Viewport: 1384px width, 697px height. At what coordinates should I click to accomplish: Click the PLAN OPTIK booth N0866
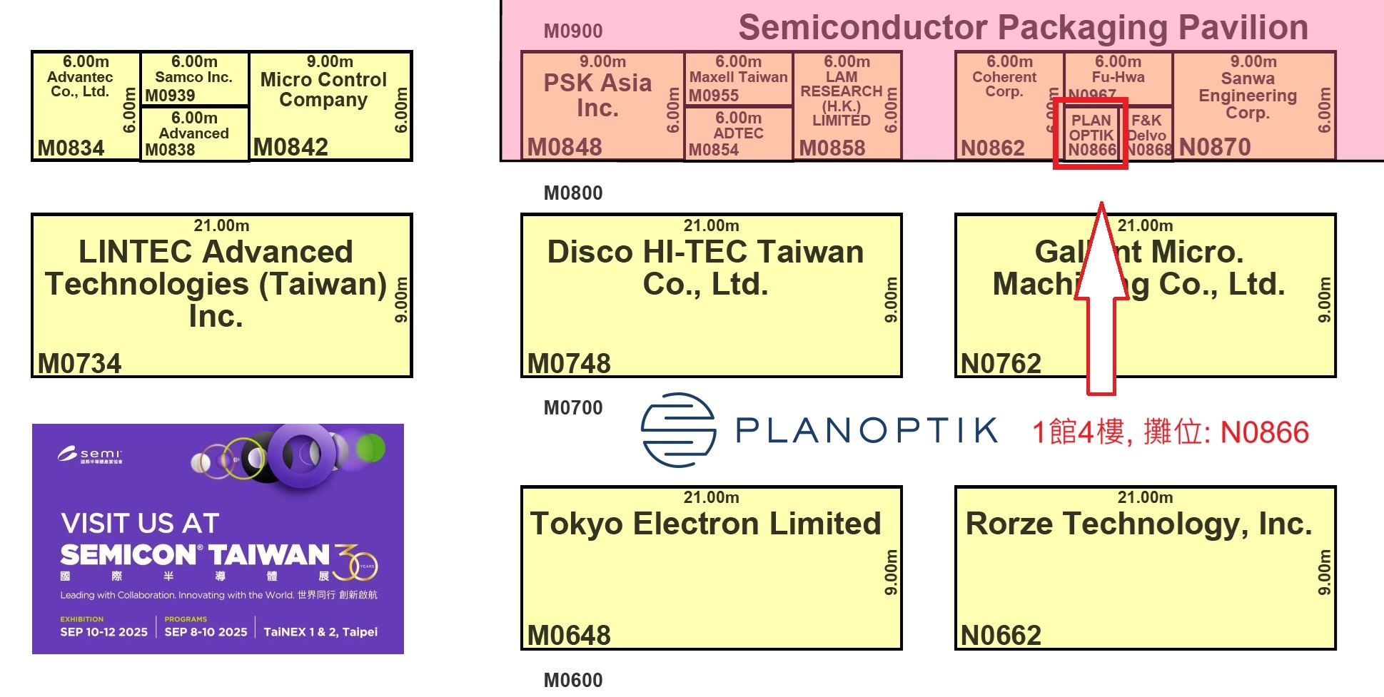pyautogui.click(x=1091, y=134)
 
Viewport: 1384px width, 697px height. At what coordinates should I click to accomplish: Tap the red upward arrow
pyautogui.click(x=1101, y=300)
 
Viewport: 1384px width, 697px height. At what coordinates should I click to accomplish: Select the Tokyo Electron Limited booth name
pyautogui.click(x=705, y=524)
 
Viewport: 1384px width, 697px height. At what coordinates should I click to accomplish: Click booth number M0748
pyautogui.click(x=569, y=363)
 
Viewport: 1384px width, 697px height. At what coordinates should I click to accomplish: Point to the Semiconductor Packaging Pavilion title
pyautogui.click(x=1023, y=28)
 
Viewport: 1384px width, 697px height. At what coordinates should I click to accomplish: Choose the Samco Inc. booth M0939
pyautogui.click(x=194, y=78)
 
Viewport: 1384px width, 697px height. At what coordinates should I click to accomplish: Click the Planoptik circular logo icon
pyautogui.click(x=678, y=430)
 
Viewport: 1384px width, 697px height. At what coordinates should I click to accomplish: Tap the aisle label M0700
pyautogui.click(x=573, y=407)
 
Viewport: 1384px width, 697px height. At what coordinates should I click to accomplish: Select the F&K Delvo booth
pyautogui.click(x=1147, y=134)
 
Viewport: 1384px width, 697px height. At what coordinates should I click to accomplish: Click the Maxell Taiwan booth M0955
pyautogui.click(x=738, y=78)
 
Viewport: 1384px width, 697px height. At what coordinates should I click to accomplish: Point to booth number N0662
pyautogui.click(x=1001, y=635)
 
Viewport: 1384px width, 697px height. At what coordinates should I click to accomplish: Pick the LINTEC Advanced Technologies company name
pyautogui.click(x=216, y=283)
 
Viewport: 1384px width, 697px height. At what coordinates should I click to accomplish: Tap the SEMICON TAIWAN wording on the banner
pyautogui.click(x=195, y=555)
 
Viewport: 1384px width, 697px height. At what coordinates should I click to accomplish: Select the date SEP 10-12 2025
pyautogui.click(x=103, y=632)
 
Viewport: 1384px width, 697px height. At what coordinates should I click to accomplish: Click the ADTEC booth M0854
pyautogui.click(x=738, y=134)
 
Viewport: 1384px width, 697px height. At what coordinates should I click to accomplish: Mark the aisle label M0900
pyautogui.click(x=573, y=31)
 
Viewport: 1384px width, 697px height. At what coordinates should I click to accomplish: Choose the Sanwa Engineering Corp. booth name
pyautogui.click(x=1247, y=96)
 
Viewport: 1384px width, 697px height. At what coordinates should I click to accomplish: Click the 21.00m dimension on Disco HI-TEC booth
pyautogui.click(x=711, y=225)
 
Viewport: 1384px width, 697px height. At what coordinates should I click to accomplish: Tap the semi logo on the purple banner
pyautogui.click(x=91, y=454)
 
